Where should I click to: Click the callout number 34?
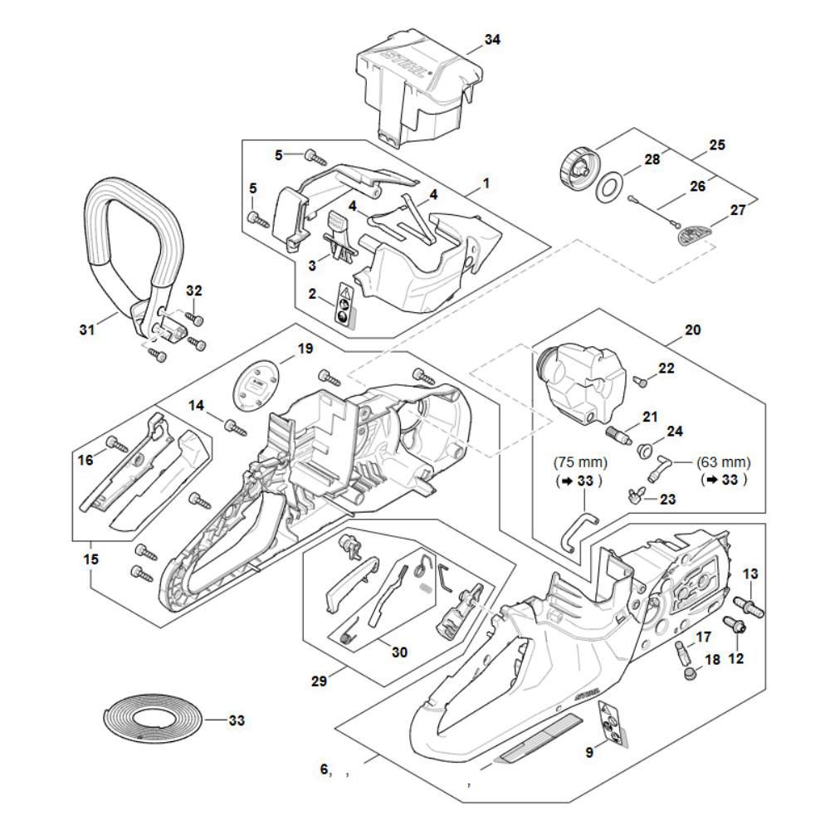click(491, 40)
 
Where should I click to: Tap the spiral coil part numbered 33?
click(154, 719)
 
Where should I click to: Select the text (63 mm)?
click(725, 462)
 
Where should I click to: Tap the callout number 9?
click(589, 753)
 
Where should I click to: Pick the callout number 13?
click(750, 574)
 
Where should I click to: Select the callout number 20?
click(693, 330)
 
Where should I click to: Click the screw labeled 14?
click(236, 427)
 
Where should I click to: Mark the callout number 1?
click(486, 183)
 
